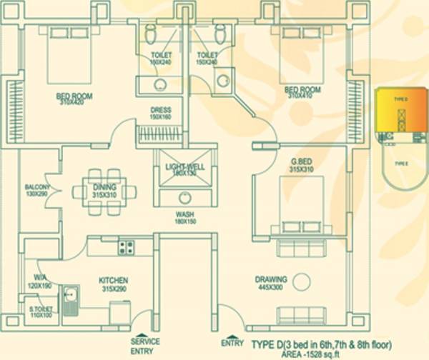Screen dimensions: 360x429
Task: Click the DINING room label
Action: tap(104, 187)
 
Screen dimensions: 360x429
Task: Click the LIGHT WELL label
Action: tap(185, 166)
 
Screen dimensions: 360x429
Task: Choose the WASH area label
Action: tap(184, 214)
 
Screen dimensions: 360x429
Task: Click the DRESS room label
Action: tap(160, 109)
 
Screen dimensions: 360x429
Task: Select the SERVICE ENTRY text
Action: tap(144, 345)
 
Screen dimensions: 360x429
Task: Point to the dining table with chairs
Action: tap(104, 191)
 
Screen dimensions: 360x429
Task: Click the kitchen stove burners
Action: tap(126, 248)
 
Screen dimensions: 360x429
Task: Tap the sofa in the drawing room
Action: tap(300, 316)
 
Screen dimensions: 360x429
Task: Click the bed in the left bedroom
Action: tap(68, 57)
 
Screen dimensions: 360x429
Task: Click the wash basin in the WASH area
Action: tap(184, 197)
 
